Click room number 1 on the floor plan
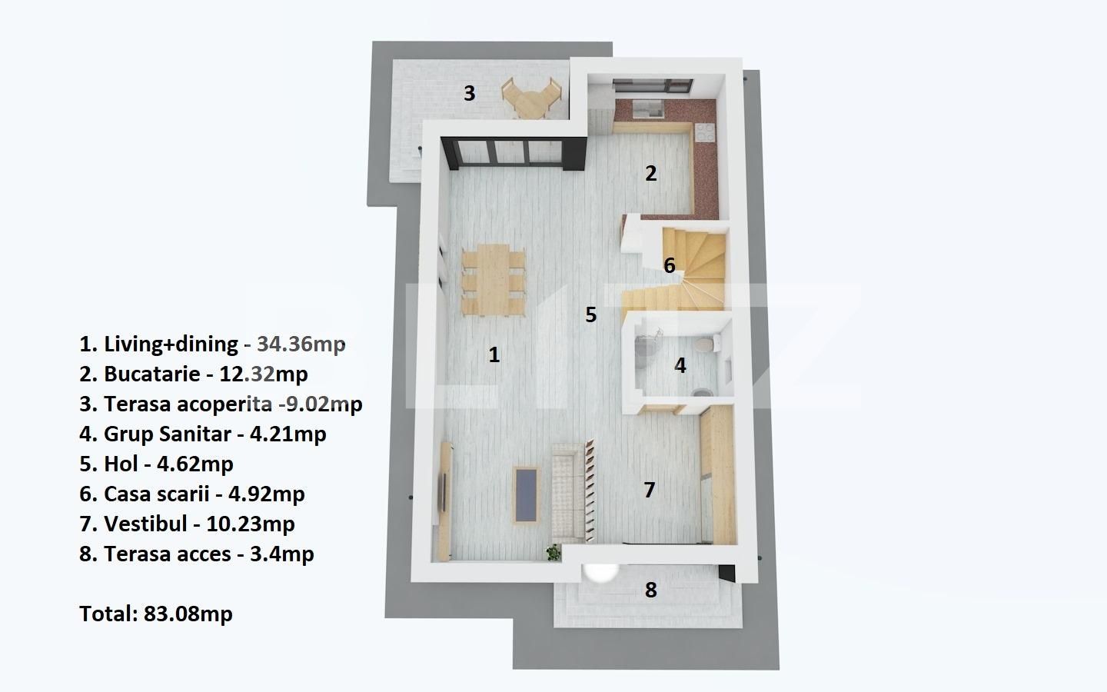(494, 354)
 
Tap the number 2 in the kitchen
(651, 173)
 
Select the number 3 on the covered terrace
(469, 93)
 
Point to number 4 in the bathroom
(680, 365)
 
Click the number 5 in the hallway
(590, 314)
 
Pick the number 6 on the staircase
(670, 265)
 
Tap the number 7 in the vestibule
(650, 490)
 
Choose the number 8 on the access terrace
(651, 590)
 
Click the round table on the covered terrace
(531, 99)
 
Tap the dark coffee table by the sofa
(526, 494)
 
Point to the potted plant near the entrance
(553, 551)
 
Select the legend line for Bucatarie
(193, 374)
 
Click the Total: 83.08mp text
(155, 614)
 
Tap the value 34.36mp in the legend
(301, 344)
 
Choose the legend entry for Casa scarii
(191, 494)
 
